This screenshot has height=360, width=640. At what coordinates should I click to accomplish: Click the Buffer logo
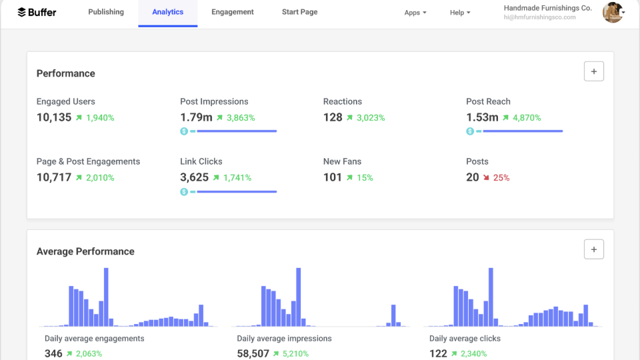click(37, 12)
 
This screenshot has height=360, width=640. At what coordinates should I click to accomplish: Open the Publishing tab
click(106, 12)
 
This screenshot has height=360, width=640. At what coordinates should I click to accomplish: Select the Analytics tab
click(167, 12)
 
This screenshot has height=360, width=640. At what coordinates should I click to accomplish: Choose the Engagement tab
click(233, 12)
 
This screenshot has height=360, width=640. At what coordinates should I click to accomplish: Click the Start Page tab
click(299, 12)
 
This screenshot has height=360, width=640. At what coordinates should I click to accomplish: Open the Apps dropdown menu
click(415, 13)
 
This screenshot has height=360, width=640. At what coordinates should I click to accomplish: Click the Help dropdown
click(459, 13)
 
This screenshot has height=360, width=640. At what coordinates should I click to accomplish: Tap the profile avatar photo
click(612, 12)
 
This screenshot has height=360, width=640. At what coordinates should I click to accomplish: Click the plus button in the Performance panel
click(593, 72)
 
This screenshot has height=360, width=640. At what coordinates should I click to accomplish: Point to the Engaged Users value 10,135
click(53, 117)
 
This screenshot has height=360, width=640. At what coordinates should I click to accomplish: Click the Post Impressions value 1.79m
click(196, 117)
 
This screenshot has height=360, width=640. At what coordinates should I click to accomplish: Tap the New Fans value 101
click(332, 177)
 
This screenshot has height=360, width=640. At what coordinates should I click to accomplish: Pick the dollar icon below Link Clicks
click(184, 192)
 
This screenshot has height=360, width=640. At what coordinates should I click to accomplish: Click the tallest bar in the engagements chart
click(106, 297)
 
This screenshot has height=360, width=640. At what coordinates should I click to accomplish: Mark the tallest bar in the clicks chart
click(491, 297)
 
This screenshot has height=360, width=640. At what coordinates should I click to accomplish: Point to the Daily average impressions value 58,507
click(253, 353)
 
